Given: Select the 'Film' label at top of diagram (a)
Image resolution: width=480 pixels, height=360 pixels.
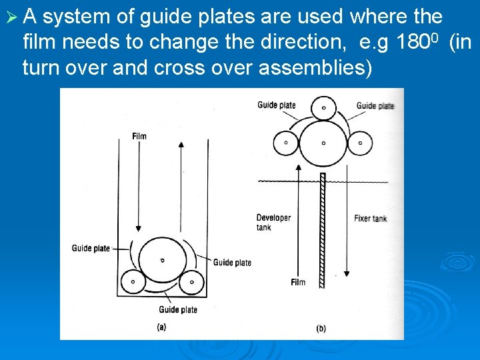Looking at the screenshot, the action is point(139,137).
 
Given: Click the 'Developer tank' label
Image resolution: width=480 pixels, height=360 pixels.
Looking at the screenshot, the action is point(273,223).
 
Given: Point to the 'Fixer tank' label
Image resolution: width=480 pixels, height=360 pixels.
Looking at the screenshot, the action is point(370,218).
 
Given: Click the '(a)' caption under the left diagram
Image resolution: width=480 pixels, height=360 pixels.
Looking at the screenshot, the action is point(161,327).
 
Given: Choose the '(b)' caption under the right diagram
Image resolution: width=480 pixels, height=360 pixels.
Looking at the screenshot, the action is point(320,329).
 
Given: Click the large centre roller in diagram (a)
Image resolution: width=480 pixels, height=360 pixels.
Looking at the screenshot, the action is point(162,259).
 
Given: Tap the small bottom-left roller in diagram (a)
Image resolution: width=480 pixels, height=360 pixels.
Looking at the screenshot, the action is point(133,282).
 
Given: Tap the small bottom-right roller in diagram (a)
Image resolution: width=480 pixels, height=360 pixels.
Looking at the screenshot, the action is point(192,282).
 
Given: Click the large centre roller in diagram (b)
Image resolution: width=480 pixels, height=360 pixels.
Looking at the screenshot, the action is point(323,143).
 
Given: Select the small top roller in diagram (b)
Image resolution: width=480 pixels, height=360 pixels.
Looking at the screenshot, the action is point(325,107).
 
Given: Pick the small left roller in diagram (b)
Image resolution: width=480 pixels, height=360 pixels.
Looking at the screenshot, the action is point(286,142).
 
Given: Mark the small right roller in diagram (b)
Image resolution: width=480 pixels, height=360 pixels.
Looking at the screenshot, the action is point(361,142).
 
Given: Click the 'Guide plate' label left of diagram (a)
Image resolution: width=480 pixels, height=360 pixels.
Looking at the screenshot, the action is point(91,249).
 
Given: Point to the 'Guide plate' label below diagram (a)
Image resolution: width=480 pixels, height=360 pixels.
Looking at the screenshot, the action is point(178,310).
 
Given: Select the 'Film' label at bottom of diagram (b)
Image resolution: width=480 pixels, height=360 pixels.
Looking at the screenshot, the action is point(298,282).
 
